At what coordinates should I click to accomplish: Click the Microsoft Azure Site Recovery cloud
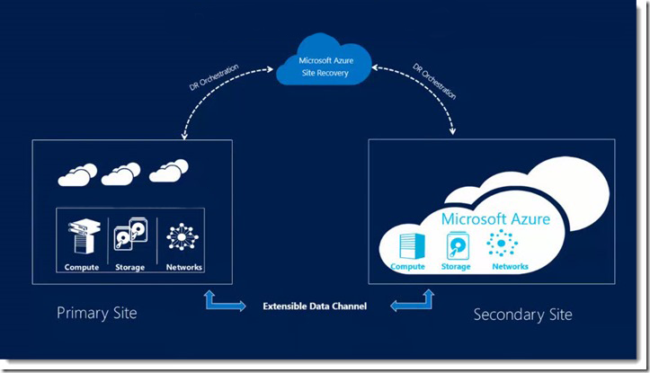coord(325,60)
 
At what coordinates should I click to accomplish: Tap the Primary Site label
coord(96,313)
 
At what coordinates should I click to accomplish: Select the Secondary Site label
coord(522,315)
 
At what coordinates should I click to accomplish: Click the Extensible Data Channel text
coord(315,306)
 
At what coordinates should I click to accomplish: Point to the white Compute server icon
coord(85,236)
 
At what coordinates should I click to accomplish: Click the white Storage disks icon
coord(130,234)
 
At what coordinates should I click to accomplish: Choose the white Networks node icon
coord(183,236)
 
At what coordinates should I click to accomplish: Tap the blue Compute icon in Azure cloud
coord(412,246)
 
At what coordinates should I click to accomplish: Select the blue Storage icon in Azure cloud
coord(458,245)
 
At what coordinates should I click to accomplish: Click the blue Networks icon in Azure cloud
coord(502,243)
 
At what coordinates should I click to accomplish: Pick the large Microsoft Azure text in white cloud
coord(495,218)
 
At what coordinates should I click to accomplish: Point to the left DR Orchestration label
coord(214,77)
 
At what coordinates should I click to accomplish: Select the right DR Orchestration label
coord(434,81)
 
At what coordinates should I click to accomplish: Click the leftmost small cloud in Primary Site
coord(77,174)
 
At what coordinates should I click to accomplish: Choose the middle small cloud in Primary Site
coord(120,173)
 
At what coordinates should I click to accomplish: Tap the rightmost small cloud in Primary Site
coord(169,171)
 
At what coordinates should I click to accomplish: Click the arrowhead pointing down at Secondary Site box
coord(453,131)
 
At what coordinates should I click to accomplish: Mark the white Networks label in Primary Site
coord(184,267)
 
